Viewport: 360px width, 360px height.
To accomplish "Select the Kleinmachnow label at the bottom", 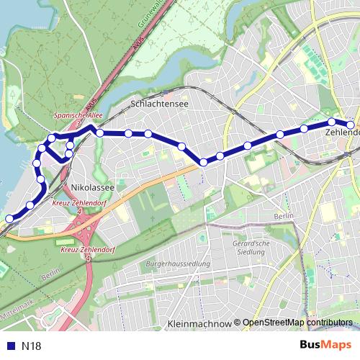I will pos(199,325).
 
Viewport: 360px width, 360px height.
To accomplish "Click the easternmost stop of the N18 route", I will pos(351,125).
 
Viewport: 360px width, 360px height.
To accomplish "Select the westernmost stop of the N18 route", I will pos(9,218).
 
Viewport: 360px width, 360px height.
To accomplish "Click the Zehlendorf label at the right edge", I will pos(343,133).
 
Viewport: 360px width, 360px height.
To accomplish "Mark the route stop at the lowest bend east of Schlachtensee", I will pos(204,162).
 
